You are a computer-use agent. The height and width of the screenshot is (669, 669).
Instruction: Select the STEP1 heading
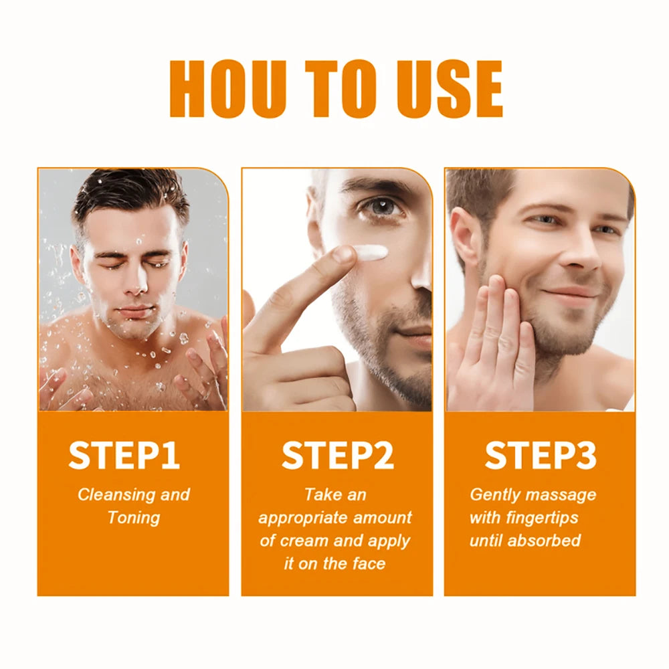(x=124, y=456)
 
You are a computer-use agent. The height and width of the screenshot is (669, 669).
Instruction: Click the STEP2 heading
(x=337, y=456)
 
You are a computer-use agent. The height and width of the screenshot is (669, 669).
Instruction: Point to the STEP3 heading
(x=541, y=456)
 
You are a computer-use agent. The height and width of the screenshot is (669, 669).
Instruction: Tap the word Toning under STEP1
(x=134, y=518)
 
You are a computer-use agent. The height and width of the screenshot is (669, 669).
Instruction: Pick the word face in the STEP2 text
(x=369, y=563)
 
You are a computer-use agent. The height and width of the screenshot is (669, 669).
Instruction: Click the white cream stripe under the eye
(x=371, y=253)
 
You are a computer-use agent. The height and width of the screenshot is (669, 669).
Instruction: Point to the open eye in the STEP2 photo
(x=380, y=207)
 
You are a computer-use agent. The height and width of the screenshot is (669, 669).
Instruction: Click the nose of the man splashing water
(x=134, y=284)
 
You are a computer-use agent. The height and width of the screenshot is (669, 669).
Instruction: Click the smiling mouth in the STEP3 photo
(x=568, y=294)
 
